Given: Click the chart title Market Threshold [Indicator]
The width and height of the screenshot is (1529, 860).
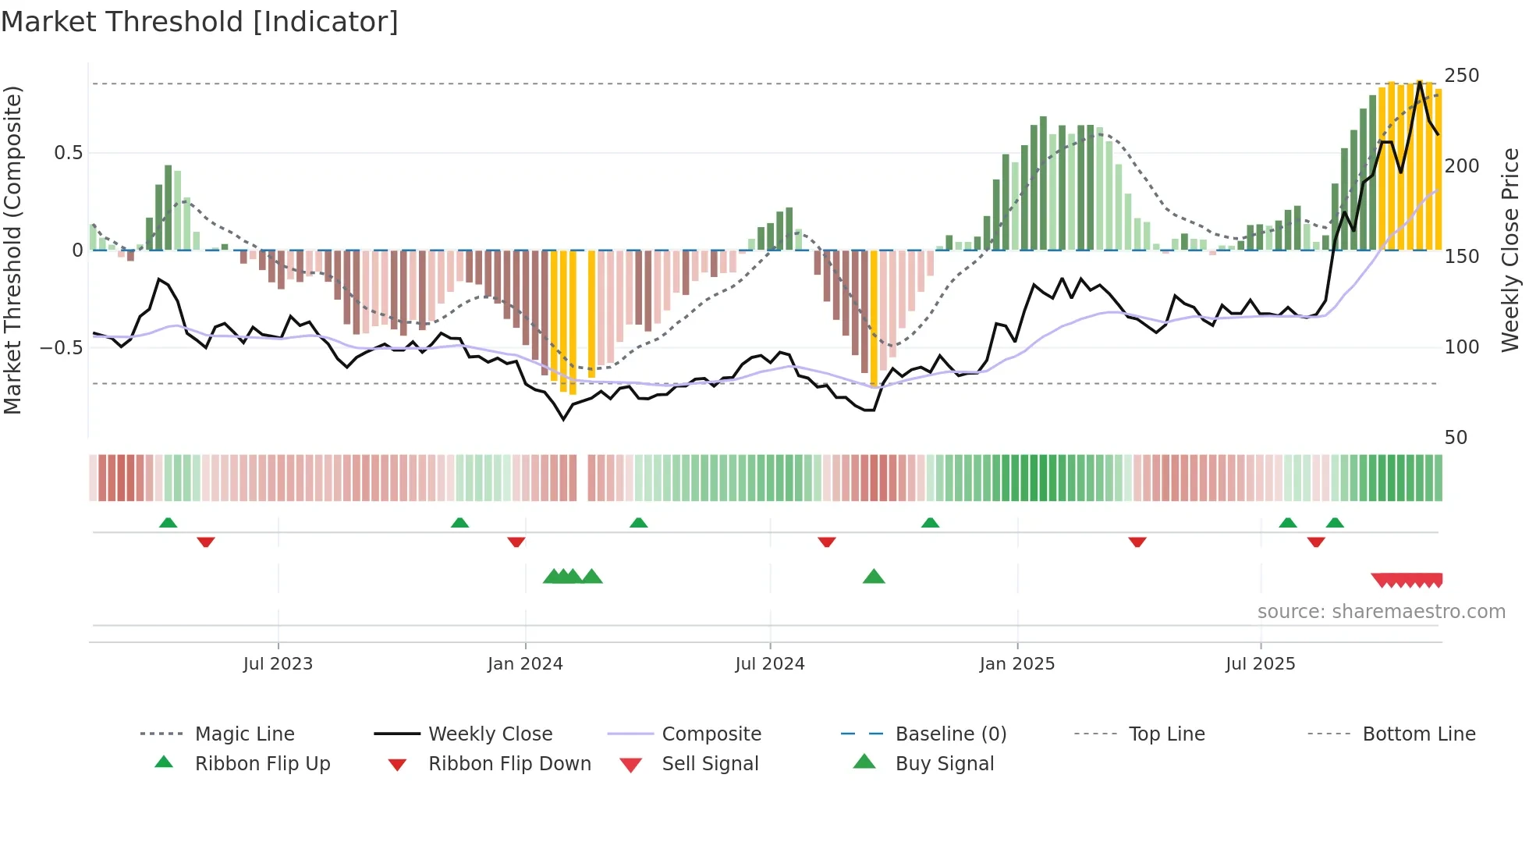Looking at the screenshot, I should pyautogui.click(x=200, y=22).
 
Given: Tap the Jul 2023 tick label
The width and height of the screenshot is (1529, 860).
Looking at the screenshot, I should pyautogui.click(x=278, y=664).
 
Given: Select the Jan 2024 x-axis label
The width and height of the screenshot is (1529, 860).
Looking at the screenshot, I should pyautogui.click(x=525, y=664).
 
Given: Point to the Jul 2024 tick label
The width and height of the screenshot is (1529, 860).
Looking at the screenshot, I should pyautogui.click(x=770, y=664).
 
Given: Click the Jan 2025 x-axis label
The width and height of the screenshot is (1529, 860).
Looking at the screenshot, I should pyautogui.click(x=1017, y=664).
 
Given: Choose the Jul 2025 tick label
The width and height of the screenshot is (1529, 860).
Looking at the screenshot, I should pyautogui.click(x=1261, y=664).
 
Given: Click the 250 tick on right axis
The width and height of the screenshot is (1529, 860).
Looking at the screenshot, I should pyautogui.click(x=1462, y=76).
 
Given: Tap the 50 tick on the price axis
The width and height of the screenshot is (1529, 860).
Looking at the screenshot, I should pyautogui.click(x=1456, y=438).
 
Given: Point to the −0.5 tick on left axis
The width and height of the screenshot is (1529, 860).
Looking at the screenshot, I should pyautogui.click(x=62, y=347).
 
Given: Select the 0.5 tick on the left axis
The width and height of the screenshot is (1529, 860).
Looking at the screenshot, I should pyautogui.click(x=69, y=153).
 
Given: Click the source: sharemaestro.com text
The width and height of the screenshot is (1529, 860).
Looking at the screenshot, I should pyautogui.click(x=1381, y=612).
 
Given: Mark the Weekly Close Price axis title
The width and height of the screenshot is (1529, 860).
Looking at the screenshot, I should pyautogui.click(x=1510, y=250).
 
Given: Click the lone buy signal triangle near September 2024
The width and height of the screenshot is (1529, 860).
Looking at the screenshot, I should pyautogui.click(x=874, y=577).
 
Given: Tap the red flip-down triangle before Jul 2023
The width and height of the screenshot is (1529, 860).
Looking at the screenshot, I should pyautogui.click(x=206, y=542).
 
